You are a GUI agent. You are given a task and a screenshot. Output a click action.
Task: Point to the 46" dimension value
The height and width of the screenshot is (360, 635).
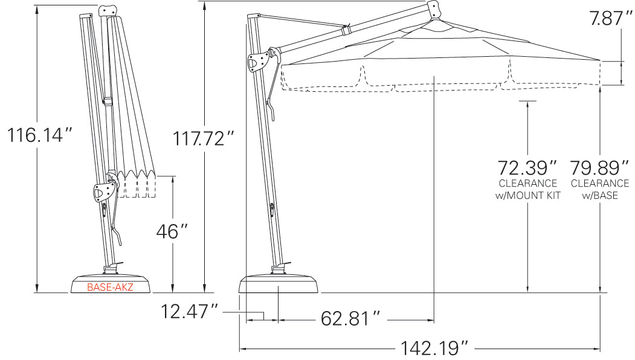pyautogui.click(x=172, y=231)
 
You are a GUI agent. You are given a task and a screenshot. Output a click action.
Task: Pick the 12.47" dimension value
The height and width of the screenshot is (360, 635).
pyautogui.click(x=190, y=312)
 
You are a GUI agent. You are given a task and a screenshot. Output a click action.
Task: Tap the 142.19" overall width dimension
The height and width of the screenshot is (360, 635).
pyautogui.click(x=434, y=348)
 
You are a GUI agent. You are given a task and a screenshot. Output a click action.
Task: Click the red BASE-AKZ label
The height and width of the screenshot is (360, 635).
pyautogui.click(x=110, y=288)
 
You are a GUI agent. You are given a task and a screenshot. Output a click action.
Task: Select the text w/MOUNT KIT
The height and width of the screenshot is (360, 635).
pyautogui.click(x=527, y=195)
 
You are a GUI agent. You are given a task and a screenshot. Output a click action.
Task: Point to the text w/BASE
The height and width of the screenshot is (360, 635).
pyautogui.click(x=600, y=195)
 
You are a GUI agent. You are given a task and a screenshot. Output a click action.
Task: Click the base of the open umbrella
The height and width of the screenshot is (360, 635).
pyautogui.click(x=279, y=284)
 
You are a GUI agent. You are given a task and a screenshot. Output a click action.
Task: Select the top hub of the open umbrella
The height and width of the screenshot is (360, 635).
pyautogui.click(x=433, y=8)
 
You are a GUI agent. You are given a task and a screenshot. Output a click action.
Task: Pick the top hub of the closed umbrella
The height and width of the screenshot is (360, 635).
pyautogui.click(x=106, y=11)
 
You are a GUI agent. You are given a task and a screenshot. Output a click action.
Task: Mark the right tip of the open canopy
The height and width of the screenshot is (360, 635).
pyautogui.click(x=599, y=61)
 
